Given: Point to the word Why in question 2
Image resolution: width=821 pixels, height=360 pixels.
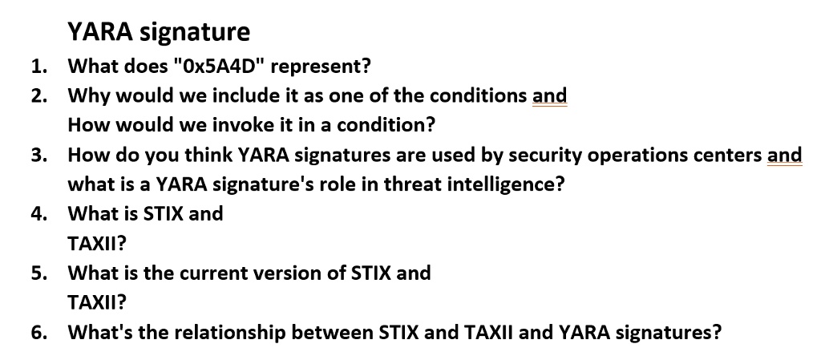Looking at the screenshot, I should pyautogui.click(x=87, y=95).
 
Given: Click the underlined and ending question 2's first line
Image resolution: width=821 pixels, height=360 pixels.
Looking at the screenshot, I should pyautogui.click(x=549, y=95).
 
